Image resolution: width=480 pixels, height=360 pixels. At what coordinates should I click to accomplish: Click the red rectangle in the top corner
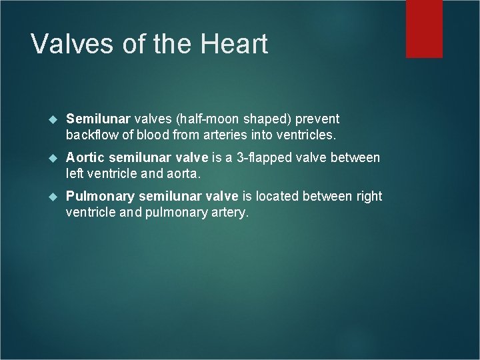424,28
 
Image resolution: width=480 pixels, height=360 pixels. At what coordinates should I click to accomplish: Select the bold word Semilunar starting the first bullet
98,119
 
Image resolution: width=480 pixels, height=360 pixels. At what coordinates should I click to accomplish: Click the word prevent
317,119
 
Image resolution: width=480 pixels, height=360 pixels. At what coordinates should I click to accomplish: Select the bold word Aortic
85,158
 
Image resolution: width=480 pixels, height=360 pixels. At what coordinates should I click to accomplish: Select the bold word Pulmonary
97,197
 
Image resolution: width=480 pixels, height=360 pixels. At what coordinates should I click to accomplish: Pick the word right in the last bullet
368,197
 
